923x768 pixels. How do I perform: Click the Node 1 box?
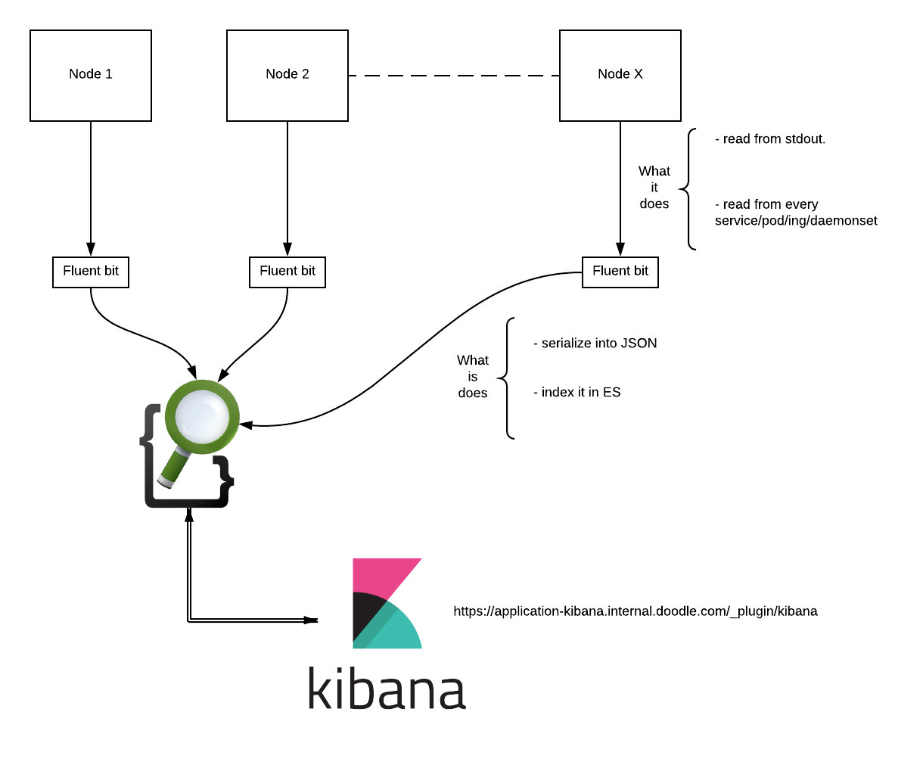(91, 76)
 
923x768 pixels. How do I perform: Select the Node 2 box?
(287, 76)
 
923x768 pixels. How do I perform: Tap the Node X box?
(620, 76)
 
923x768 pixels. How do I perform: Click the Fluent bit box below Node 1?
(91, 272)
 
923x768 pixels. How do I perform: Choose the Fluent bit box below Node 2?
(287, 272)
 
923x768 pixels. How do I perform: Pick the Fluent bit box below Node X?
(620, 272)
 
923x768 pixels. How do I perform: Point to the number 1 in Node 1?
(109, 74)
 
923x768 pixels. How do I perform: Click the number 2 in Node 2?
(306, 74)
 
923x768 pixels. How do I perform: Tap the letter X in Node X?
(639, 74)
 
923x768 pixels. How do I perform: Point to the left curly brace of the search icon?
(148, 439)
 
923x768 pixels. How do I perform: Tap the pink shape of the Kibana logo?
(378, 575)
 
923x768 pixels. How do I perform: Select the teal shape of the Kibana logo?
(397, 632)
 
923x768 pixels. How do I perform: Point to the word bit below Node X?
(640, 271)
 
